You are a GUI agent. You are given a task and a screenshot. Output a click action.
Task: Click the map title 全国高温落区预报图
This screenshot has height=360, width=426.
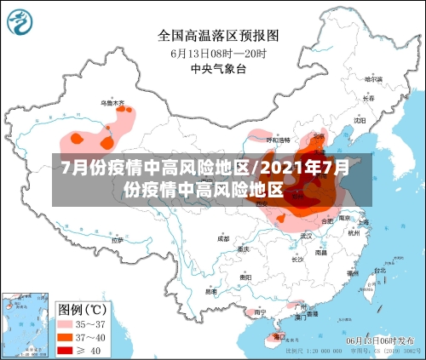coord(218,36)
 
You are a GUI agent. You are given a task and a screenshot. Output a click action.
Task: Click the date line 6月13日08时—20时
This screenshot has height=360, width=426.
coord(218,53)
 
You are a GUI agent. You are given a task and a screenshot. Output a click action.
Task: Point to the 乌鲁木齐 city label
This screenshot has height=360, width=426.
coord(113,103)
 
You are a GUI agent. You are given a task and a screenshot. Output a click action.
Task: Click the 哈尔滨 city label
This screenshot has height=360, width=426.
coord(372,79)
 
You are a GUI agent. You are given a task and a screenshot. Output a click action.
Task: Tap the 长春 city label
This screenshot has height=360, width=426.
coord(367,98)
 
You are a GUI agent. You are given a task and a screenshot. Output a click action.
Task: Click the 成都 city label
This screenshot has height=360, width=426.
coord(223,239)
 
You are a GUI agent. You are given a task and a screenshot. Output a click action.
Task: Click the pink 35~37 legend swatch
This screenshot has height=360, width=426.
coord(65,323)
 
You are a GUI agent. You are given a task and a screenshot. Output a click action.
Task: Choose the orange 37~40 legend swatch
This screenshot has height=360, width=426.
coord(65,337)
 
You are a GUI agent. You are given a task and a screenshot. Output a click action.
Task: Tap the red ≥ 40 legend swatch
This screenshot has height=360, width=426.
coord(65,350)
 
